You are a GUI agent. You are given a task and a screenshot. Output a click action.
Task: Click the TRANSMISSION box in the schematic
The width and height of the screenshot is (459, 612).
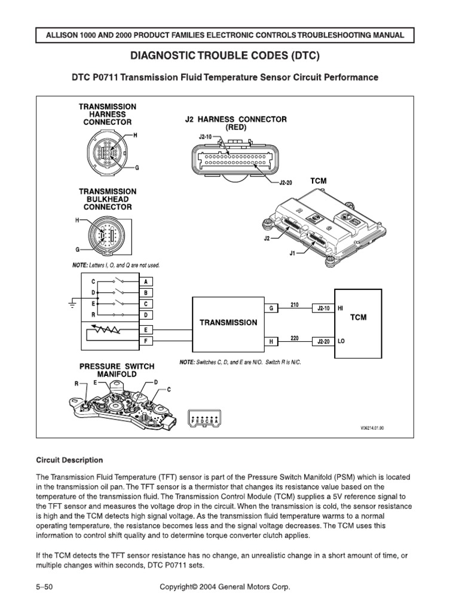228,322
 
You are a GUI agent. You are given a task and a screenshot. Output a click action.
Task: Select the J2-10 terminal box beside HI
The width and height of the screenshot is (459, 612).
323,308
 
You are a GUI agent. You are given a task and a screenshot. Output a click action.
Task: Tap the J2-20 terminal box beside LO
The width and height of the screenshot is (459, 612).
323,341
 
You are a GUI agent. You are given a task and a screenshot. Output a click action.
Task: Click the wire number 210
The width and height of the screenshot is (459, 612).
294,304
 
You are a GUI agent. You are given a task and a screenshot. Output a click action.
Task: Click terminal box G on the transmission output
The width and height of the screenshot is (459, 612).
271,308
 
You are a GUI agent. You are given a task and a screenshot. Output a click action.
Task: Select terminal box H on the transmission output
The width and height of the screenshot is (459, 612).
271,341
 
